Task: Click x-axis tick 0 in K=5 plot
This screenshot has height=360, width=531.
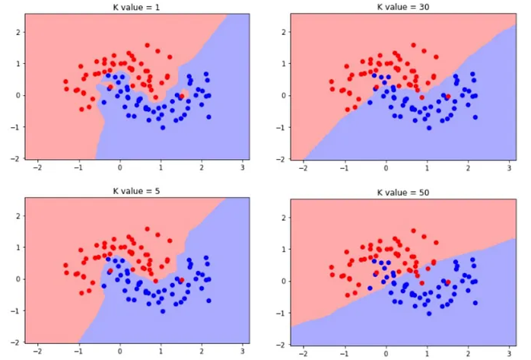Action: pos(119,352)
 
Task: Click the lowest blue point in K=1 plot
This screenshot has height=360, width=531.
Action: pos(162,127)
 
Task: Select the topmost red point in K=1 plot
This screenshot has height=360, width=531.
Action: pos(147,45)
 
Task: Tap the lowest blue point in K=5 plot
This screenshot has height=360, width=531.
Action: pos(162,311)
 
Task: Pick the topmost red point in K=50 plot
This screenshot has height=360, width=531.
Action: pos(413,229)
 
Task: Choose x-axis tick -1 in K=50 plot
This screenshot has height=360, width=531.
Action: pos(345,353)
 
